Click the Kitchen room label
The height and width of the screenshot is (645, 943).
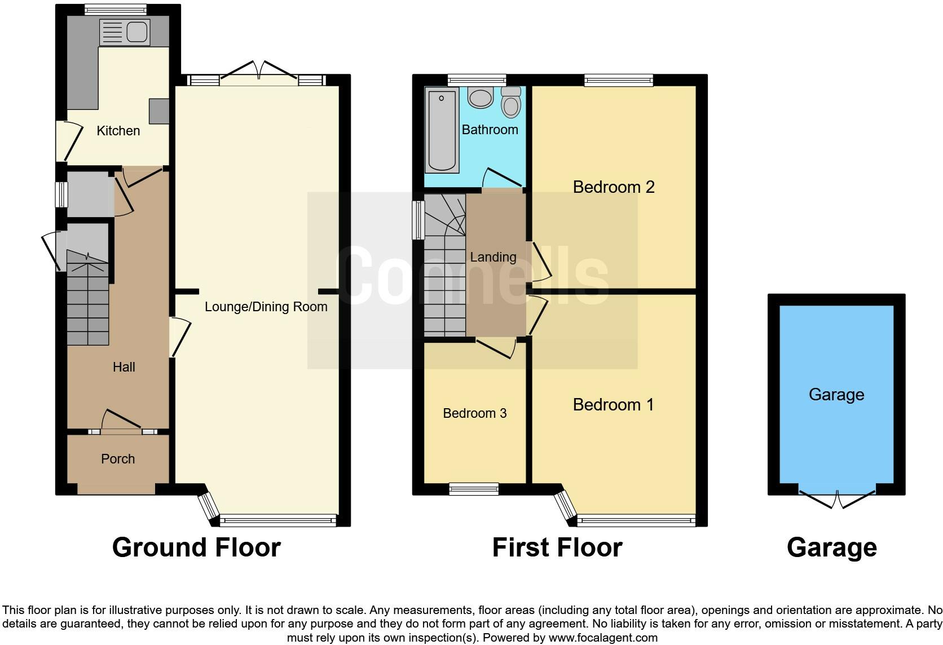(x=118, y=131)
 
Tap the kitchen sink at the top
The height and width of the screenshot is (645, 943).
(x=125, y=32)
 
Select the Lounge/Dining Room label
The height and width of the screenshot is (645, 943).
(x=266, y=307)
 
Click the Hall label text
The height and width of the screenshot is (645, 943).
(x=124, y=367)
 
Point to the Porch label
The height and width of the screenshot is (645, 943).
(x=118, y=459)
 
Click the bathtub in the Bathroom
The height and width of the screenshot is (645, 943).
(x=442, y=131)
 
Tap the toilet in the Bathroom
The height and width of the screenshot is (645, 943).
(x=511, y=103)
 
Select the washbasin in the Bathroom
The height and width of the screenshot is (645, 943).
(x=481, y=98)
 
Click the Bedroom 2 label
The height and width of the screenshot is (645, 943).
(x=614, y=187)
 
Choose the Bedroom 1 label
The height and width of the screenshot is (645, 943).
(x=613, y=405)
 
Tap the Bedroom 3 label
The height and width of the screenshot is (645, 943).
(x=474, y=413)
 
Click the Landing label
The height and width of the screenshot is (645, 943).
(x=493, y=257)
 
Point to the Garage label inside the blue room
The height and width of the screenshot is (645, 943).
(x=836, y=395)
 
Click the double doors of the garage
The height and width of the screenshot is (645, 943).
(x=837, y=497)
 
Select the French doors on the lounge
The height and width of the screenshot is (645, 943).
(x=259, y=72)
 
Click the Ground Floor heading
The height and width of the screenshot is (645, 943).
(x=196, y=547)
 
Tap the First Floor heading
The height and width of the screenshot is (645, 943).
(x=557, y=547)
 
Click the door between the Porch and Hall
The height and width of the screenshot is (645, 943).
(x=121, y=422)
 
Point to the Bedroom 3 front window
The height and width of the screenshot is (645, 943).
(x=474, y=489)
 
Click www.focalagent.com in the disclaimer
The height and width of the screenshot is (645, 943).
(x=602, y=638)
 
